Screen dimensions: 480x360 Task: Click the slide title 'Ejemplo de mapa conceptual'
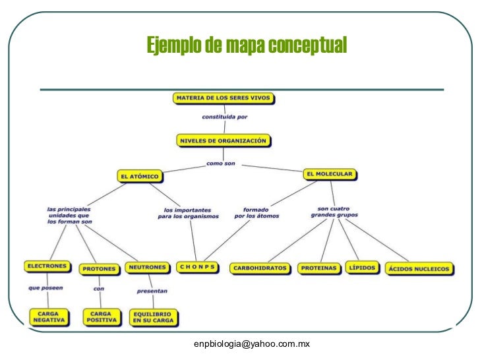246,46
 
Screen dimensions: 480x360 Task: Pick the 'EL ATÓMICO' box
140,176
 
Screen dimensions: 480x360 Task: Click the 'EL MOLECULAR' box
330,174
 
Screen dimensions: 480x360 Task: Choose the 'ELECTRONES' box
46,266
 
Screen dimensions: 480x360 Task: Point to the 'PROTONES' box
100,268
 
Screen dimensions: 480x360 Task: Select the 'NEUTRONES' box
147,267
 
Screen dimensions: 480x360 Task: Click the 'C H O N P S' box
197,267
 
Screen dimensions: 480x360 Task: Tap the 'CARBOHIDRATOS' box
260,268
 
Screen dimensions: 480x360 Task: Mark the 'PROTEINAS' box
319,268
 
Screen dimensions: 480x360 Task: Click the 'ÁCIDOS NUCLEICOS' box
419,268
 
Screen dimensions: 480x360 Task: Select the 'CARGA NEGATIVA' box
49,316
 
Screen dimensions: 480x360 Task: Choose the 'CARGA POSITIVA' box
102,316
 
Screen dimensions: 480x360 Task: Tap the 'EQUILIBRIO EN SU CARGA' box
153,317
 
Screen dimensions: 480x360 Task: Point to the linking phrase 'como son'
220,163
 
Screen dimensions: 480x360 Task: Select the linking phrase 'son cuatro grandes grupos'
334,211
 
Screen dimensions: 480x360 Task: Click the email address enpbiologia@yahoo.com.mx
251,344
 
